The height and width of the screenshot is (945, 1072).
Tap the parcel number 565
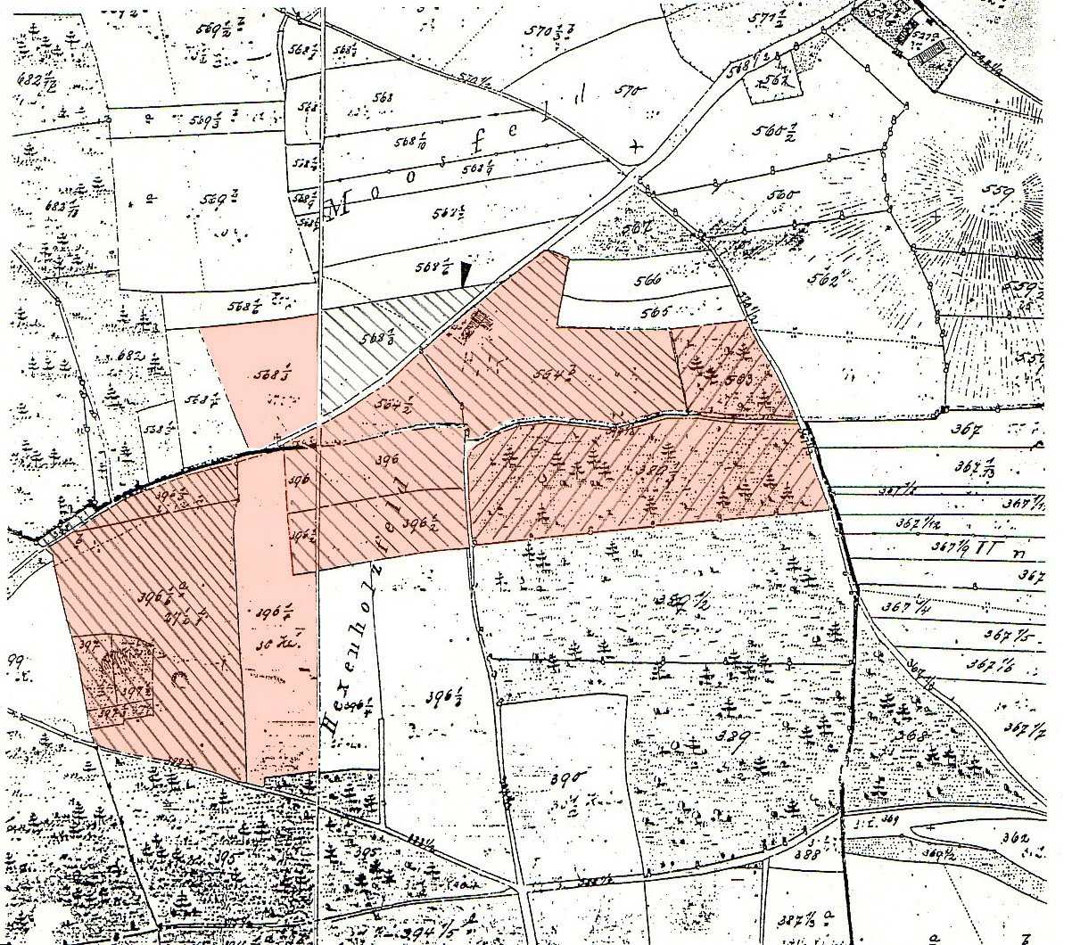pyautogui.click(x=654, y=313)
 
